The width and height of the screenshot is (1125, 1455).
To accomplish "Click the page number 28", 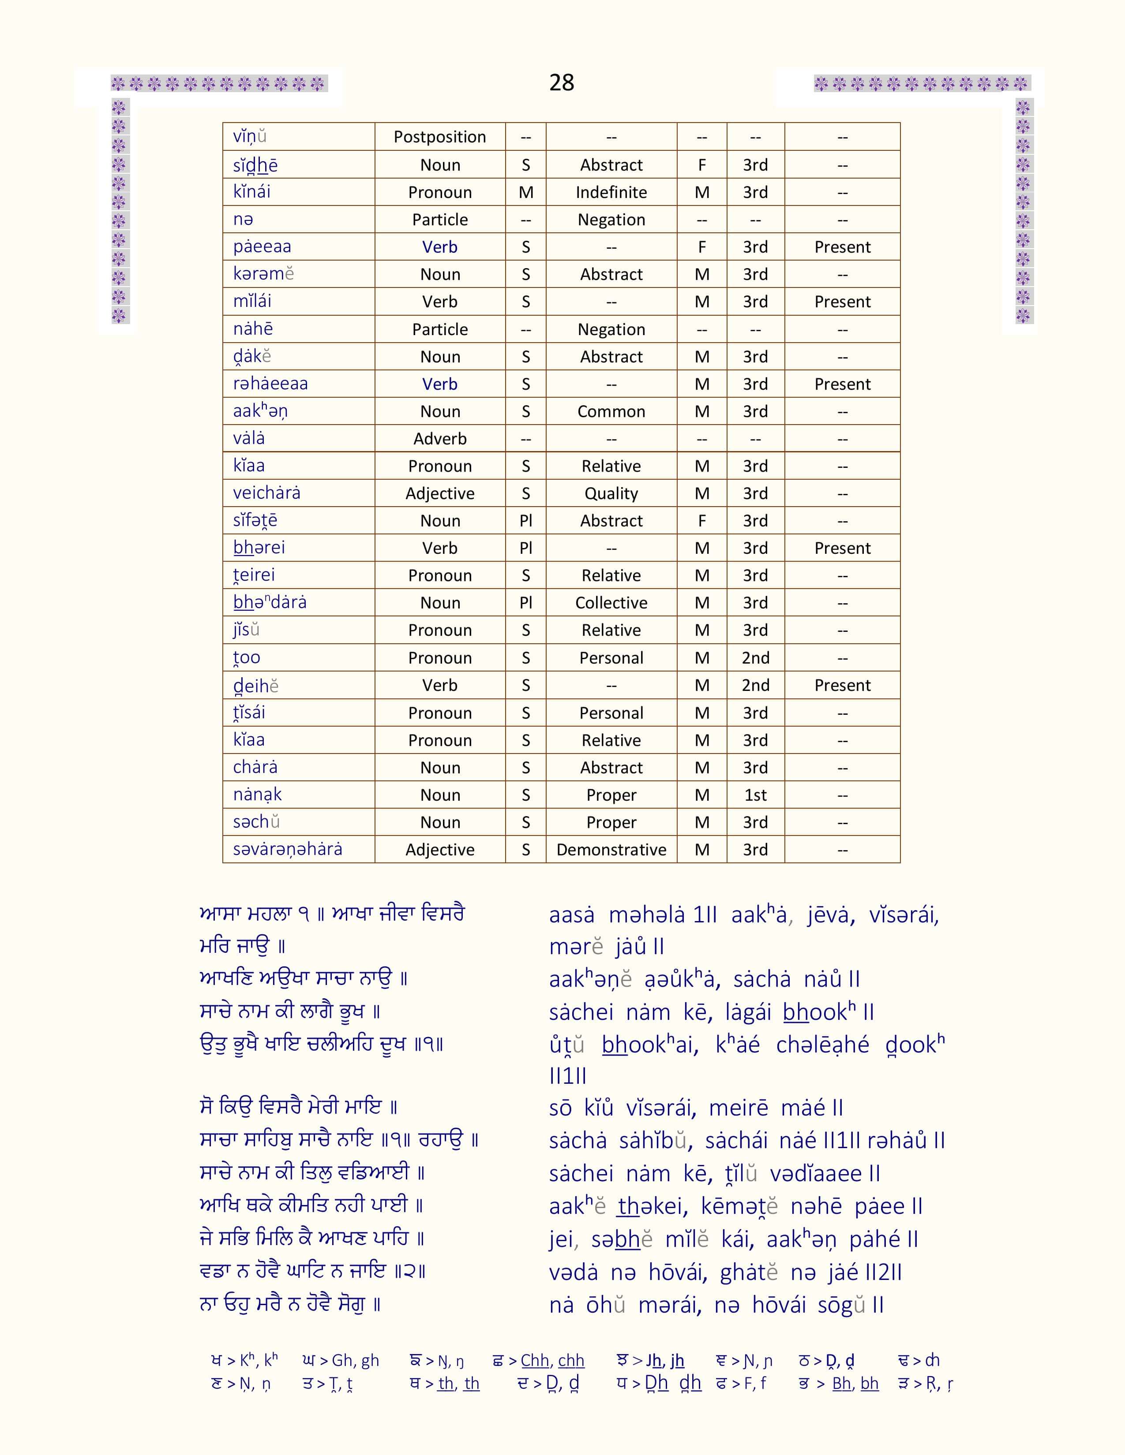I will point(561,82).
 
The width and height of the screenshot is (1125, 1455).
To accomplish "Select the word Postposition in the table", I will point(439,137).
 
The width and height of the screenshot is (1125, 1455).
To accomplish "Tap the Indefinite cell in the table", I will point(611,193).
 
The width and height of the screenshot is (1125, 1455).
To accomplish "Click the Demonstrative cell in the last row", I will point(611,850).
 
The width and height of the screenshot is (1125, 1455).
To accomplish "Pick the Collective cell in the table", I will point(611,603).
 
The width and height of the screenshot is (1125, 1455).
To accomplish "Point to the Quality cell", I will point(611,494).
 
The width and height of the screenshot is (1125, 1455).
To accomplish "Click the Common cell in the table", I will point(611,412).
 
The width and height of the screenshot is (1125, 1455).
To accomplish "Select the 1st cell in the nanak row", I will point(755,795).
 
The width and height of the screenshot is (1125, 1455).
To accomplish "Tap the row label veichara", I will point(266,493).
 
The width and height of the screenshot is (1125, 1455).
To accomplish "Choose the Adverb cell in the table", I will point(440,439).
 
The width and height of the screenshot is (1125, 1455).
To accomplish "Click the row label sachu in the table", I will point(256,822).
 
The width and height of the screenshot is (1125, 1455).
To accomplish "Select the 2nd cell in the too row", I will point(755,658).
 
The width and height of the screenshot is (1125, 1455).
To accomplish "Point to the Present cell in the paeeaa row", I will point(842,247).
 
